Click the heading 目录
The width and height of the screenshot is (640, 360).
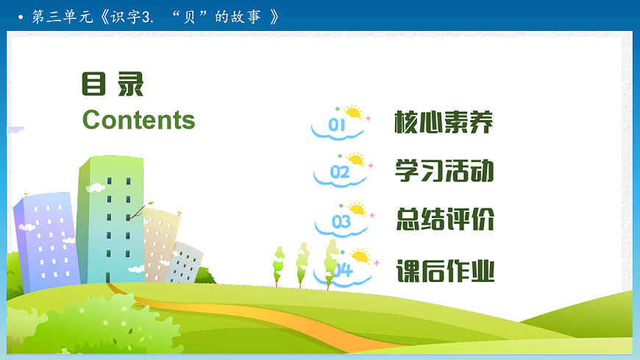pyautogui.click(x=113, y=85)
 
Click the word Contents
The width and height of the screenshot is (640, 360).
pyautogui.click(x=138, y=120)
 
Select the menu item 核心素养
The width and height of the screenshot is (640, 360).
pyautogui.click(x=444, y=122)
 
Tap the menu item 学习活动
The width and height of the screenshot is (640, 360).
pyautogui.click(x=444, y=171)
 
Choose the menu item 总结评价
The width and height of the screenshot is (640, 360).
pyautogui.click(x=444, y=219)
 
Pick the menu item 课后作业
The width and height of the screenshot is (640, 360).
pyautogui.click(x=444, y=271)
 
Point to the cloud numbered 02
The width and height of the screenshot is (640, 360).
pyautogui.click(x=339, y=174)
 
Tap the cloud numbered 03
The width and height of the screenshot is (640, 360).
pyautogui.click(x=341, y=222)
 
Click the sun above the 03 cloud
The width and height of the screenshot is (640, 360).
pyautogui.click(x=358, y=209)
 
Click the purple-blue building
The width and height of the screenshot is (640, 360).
pyautogui.click(x=46, y=236)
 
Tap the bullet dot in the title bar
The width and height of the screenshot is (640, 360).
pyautogui.click(x=20, y=16)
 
